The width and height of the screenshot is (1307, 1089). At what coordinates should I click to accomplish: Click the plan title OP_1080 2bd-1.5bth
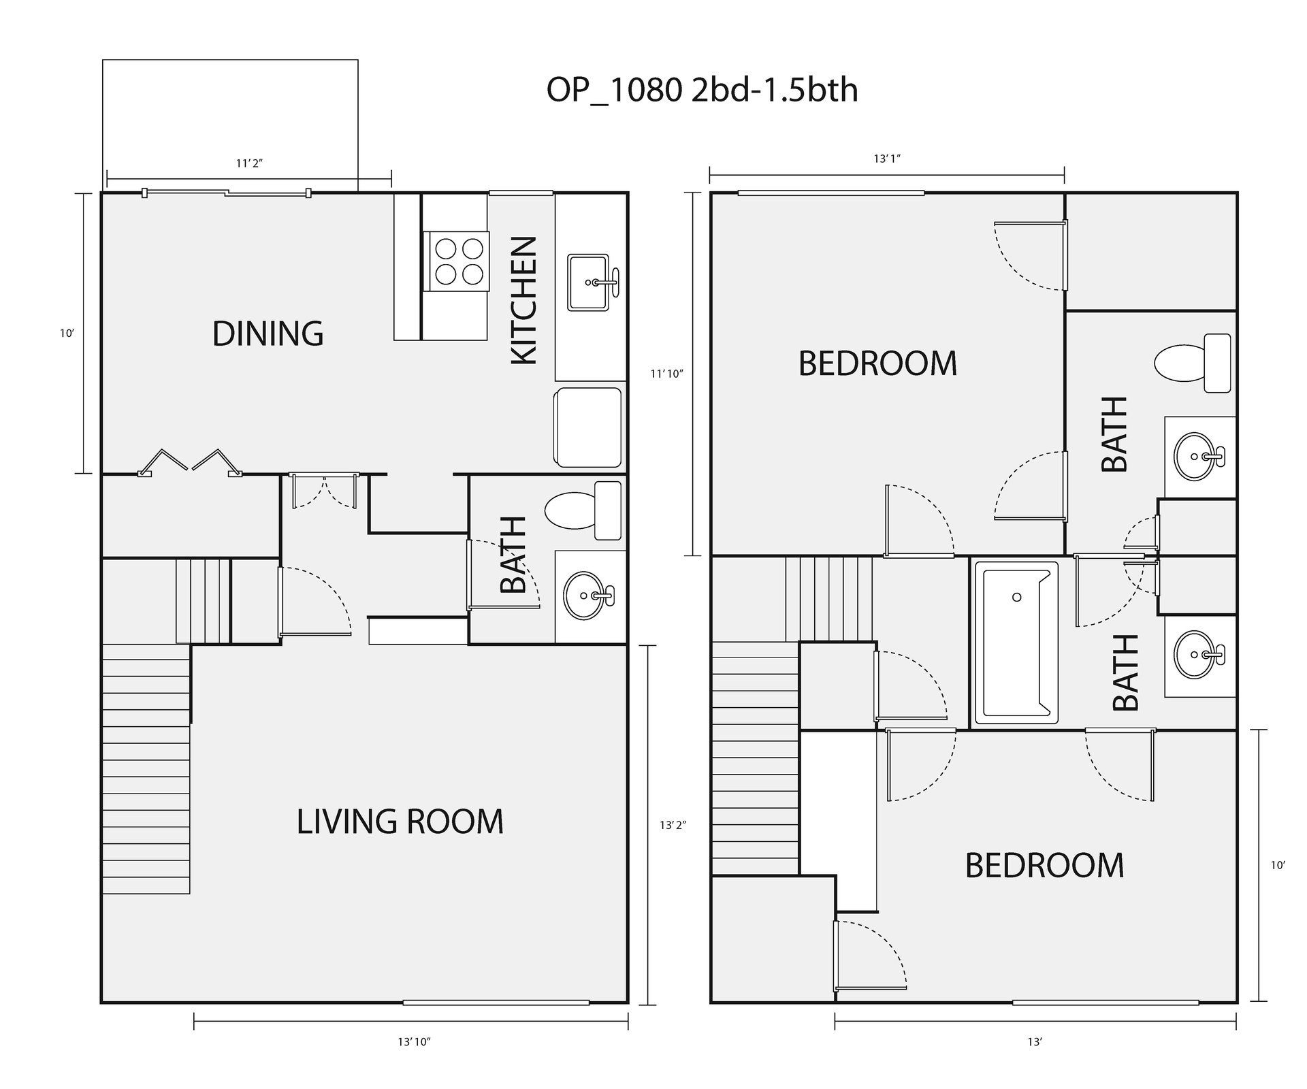[x=702, y=91]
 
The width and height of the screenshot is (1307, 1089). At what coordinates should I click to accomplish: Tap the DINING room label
[x=268, y=334]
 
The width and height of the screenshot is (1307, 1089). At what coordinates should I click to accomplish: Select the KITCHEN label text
[x=524, y=300]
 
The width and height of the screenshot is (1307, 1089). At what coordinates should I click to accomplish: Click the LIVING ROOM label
[x=400, y=822]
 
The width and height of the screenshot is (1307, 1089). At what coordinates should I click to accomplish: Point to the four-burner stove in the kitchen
[x=456, y=261]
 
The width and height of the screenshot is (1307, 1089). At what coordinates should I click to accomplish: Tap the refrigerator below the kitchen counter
[x=589, y=427]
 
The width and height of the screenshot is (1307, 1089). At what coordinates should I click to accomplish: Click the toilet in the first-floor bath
[x=583, y=510]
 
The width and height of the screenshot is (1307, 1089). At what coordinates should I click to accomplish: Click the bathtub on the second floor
[x=1016, y=642]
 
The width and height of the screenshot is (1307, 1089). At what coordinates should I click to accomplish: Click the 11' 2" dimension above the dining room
[x=249, y=163]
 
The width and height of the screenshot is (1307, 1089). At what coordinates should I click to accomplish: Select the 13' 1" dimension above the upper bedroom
[x=887, y=159]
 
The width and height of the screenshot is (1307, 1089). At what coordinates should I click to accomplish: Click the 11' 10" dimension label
[x=666, y=374]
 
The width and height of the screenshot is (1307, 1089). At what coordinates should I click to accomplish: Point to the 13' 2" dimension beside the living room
[x=673, y=826]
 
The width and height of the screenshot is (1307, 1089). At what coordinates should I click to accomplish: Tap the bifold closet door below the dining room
[x=190, y=462]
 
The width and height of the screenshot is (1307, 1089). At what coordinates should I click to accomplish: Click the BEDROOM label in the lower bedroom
[x=1044, y=866]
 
